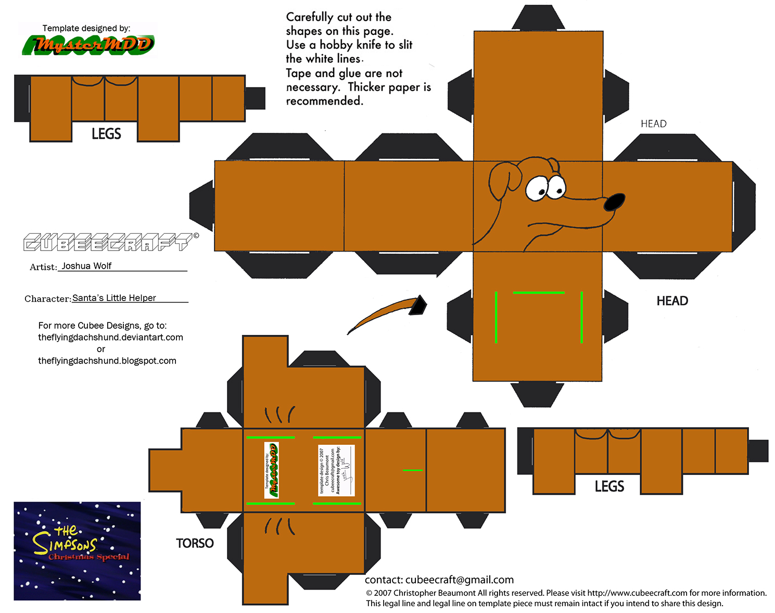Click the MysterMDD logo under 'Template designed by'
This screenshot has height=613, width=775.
pos(87,45)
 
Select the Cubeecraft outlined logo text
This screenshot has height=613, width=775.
pos(107,243)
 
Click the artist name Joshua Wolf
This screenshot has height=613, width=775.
pos(86,266)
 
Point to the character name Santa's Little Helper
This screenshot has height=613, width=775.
pos(114,298)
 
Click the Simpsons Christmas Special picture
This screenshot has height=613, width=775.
pos(77,551)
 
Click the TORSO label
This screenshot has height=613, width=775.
pos(195,543)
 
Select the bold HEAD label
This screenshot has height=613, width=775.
pos(672,301)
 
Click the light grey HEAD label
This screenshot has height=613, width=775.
pos(653,123)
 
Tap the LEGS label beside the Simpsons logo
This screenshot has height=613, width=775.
pos(609,486)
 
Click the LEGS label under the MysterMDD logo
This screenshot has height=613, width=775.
pos(106,134)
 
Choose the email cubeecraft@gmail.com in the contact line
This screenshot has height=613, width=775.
pos(459,580)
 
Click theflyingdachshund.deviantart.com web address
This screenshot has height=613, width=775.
pos(110,337)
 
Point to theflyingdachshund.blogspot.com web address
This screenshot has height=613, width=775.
pos(107,360)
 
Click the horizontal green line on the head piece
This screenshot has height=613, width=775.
pos(538,293)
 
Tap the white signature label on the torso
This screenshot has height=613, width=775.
pos(336,470)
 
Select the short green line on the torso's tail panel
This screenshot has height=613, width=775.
pos(412,470)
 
